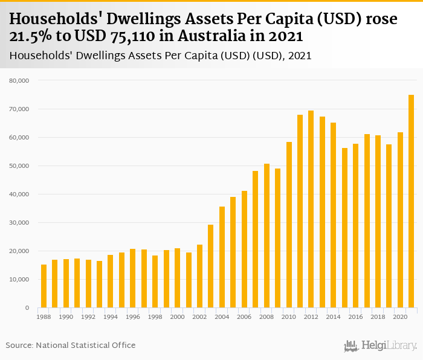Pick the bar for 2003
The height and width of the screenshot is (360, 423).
tap(211, 266)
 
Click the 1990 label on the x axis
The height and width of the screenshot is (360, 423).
tap(66, 317)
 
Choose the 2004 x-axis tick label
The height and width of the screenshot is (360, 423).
tap(222, 317)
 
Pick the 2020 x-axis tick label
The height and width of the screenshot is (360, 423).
tap(400, 317)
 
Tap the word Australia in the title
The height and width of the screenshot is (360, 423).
tap(199, 36)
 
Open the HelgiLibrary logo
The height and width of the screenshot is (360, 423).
tap(380, 346)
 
